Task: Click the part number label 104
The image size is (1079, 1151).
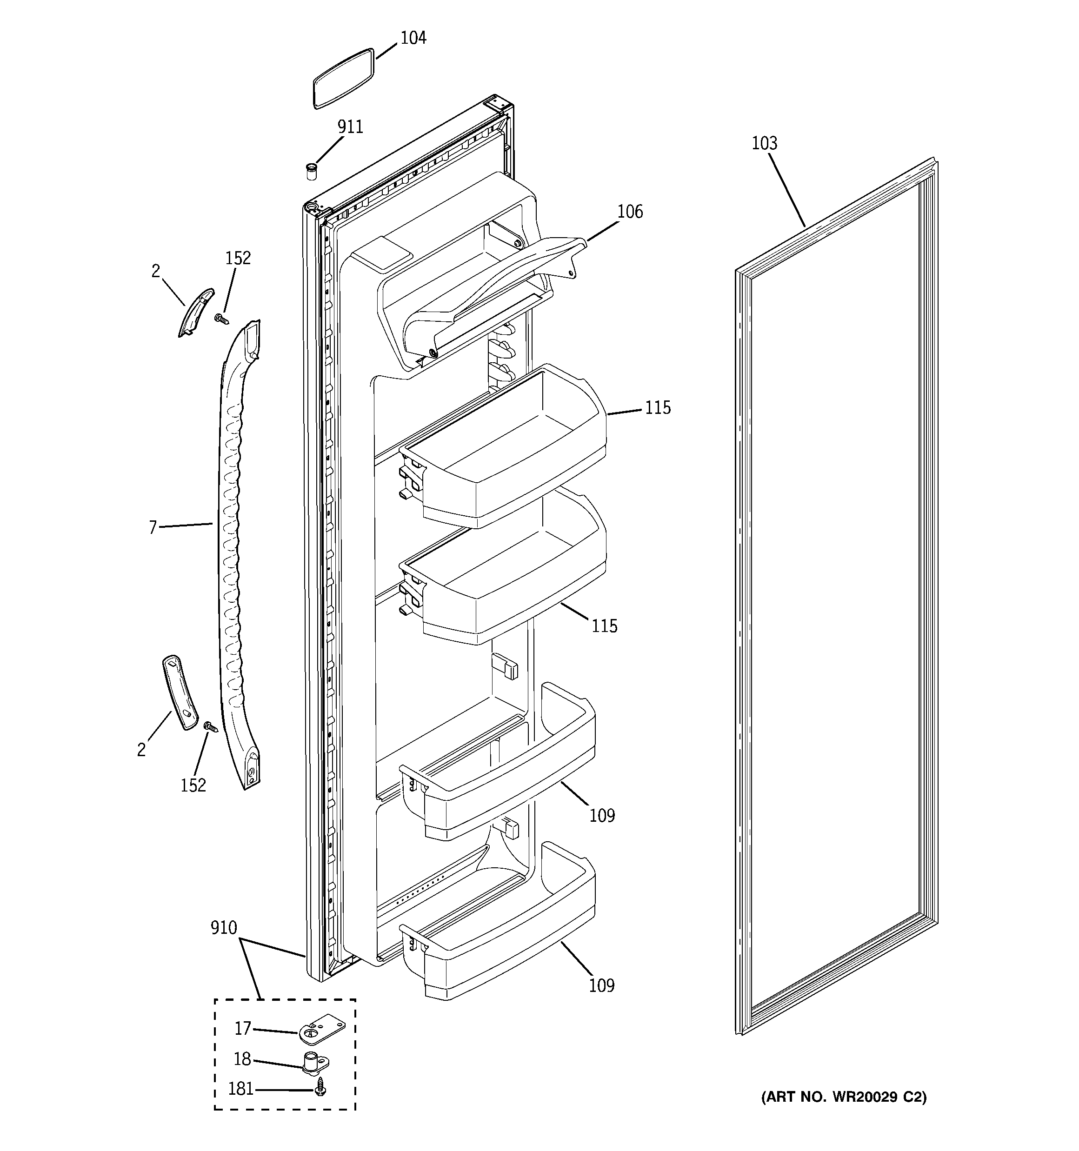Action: [x=413, y=38]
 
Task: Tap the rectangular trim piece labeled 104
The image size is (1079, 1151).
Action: [x=343, y=79]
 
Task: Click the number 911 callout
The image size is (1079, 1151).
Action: [x=350, y=127]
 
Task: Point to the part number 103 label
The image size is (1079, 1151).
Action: [x=764, y=144]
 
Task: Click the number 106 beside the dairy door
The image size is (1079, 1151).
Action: [x=630, y=212]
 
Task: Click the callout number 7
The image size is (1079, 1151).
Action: [x=153, y=527]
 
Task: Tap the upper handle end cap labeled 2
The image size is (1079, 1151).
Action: [x=196, y=313]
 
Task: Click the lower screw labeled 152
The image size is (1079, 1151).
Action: [x=210, y=725]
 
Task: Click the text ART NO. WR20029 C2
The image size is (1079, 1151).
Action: [x=843, y=1097]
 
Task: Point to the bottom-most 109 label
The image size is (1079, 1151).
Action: [x=602, y=985]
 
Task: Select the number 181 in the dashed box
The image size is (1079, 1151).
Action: [x=240, y=1089]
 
